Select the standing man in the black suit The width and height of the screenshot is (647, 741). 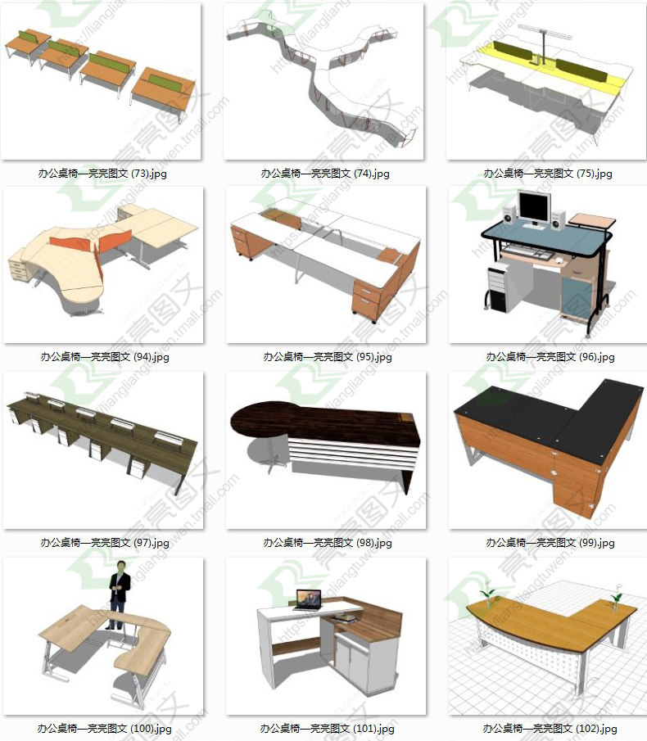120,594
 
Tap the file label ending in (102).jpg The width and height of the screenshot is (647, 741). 548,728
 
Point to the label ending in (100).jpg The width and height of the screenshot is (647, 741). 104,728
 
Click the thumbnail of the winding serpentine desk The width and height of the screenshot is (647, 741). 324,82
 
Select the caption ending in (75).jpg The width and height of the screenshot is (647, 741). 548,174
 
